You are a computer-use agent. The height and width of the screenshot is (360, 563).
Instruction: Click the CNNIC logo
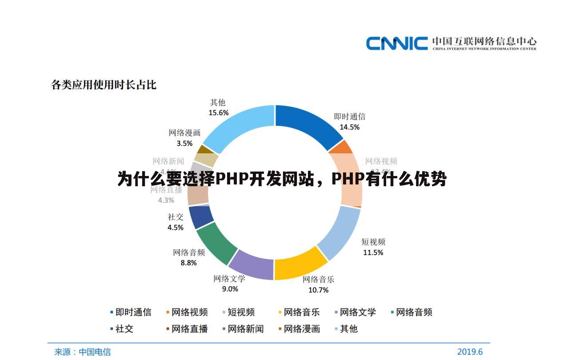coord(451,43)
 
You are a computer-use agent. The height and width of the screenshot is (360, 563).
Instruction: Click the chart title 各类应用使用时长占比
coord(104,84)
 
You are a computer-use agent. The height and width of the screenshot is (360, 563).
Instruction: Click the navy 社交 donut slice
coord(201,217)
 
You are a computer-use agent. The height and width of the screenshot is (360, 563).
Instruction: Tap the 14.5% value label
coord(349,127)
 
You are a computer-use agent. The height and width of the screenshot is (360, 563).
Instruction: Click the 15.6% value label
coord(219,113)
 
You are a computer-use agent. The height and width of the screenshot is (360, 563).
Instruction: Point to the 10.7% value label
coord(318,290)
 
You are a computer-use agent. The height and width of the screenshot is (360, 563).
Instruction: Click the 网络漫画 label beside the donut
coord(184,132)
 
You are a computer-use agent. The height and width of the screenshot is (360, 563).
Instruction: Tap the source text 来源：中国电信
coord(82,352)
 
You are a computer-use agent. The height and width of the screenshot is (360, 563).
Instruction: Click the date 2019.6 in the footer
coord(470,352)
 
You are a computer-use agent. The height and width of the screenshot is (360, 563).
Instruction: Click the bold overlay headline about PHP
coord(282,180)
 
